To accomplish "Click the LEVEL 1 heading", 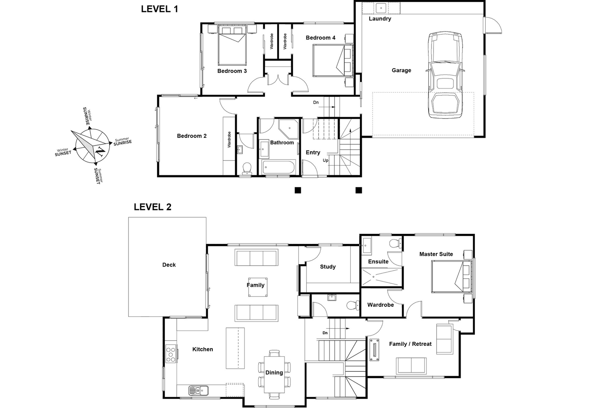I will tap(159, 9).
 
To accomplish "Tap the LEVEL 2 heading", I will tap(152, 207).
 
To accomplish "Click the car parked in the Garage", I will tap(445, 76).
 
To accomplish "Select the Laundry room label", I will tap(380, 19).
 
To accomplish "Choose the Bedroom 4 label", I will tap(320, 38).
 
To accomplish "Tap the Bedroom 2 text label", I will tap(192, 136).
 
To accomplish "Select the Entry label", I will tap(313, 152).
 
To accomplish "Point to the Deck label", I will tap(169, 265).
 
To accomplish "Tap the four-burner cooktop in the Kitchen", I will tap(171, 354).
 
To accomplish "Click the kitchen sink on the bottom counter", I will tap(198, 390).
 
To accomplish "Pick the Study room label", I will tap(328, 267).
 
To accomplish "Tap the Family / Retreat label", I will tap(410, 344).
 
